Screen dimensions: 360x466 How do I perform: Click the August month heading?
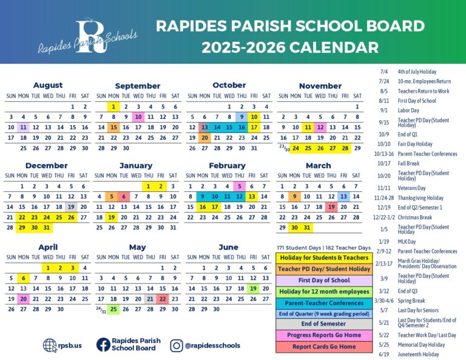[x=47, y=86]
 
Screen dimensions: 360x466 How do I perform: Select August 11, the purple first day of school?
[x=23, y=127]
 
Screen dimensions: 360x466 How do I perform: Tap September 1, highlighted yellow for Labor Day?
[x=113, y=107]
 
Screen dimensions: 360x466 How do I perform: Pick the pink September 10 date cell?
[x=138, y=117]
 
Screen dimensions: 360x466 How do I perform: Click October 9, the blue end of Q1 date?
[x=241, y=117]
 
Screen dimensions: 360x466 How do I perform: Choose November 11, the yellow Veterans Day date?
[x=308, y=127]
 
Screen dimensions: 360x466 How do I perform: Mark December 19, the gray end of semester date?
[x=72, y=207]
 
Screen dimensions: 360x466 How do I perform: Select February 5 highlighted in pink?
[x=241, y=186]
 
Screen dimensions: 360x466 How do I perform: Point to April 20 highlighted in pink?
[x=23, y=299]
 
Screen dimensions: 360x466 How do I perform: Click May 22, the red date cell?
[x=163, y=299]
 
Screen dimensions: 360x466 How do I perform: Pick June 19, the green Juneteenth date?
[x=253, y=288]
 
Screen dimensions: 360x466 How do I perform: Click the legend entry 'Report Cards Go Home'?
[x=323, y=347]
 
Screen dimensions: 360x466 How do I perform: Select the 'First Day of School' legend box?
[x=323, y=280]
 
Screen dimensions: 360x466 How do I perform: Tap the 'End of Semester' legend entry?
[x=323, y=324]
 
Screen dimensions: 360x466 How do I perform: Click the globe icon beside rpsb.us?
[x=50, y=345]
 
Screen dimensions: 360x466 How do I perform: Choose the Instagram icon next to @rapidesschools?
[x=177, y=345]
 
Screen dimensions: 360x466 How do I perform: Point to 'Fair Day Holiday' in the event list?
[x=415, y=144]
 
